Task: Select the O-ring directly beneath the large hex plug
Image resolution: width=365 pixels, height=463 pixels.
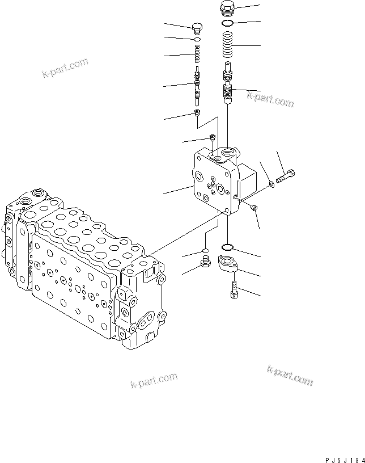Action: tap(227, 24)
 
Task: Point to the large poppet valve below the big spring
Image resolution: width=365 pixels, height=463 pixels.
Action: tap(227, 86)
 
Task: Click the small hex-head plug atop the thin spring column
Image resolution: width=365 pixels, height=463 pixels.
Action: tap(197, 28)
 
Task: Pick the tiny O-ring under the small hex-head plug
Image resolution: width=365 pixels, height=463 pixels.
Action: tap(197, 40)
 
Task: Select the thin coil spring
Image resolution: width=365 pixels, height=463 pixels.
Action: tap(197, 56)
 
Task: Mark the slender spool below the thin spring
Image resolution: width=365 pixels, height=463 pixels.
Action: tap(197, 85)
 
